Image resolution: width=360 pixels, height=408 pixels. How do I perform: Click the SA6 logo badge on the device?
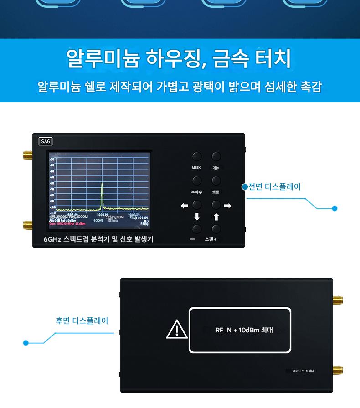click(x=46, y=141)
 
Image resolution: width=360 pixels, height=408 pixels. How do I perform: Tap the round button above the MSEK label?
click(x=196, y=157)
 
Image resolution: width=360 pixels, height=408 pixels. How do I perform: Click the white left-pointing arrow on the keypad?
click(x=185, y=206)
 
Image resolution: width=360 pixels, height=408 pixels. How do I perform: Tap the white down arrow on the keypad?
click(x=197, y=217)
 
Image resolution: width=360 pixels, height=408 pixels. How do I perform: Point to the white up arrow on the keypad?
click(x=216, y=217)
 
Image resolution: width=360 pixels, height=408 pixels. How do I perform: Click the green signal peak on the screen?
click(x=102, y=194)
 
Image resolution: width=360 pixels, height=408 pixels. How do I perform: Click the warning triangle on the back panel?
click(x=176, y=330)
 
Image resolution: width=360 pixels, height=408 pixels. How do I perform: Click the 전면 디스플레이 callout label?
click(x=274, y=187)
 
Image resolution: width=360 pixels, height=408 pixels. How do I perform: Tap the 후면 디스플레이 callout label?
click(x=82, y=321)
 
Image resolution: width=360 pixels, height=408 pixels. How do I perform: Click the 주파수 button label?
click(x=196, y=192)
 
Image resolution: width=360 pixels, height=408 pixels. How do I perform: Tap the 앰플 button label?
click(x=216, y=192)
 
